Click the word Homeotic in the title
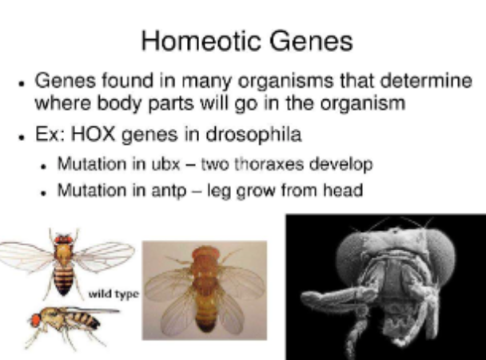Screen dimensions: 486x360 point(201,41)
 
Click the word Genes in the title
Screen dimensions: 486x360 point(311,41)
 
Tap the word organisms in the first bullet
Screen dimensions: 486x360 point(286,82)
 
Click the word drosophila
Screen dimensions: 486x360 point(253,135)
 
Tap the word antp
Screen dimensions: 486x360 point(169,190)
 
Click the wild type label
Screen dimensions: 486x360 point(114,294)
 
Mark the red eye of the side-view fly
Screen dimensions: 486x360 point(36,320)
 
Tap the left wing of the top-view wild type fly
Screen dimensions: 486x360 point(26,257)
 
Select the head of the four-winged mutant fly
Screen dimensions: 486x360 point(205,254)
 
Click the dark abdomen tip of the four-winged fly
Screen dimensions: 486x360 point(205,327)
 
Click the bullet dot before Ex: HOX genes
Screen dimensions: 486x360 point(21,137)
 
